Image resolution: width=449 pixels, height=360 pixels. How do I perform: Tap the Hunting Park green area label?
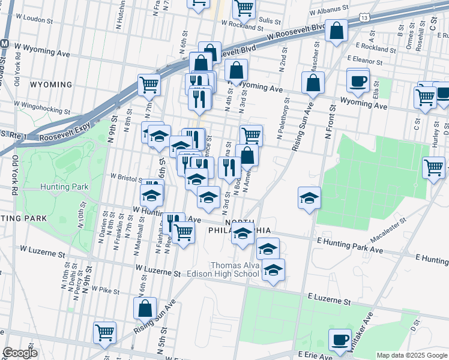point(56,187)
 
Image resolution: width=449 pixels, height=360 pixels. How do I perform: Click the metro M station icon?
point(4,44)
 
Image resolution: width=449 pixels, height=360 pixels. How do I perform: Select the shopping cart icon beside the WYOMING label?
point(149,85)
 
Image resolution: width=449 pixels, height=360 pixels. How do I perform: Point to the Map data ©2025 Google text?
point(411,355)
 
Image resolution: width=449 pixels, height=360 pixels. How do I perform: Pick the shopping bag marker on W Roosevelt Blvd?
point(337,31)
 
